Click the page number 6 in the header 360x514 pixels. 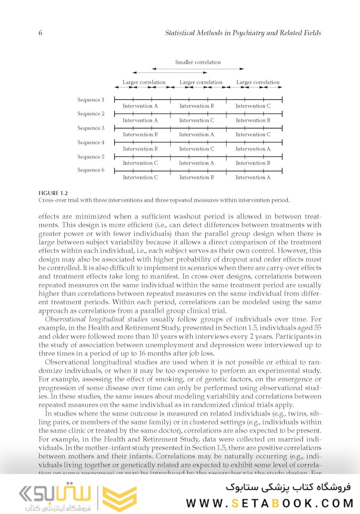[40, 33]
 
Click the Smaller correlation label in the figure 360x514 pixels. [198, 62]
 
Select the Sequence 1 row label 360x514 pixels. [90, 100]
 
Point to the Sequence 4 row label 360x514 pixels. [90, 143]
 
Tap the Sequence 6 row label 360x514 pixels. [90, 170]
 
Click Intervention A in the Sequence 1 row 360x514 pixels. [140, 106]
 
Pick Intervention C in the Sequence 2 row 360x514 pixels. [197, 120]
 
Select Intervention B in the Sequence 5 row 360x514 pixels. [253, 163]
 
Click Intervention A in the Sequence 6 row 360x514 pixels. [253, 178]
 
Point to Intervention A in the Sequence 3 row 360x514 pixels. [197, 135]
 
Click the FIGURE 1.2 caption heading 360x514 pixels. [53, 193]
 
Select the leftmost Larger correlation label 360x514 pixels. [144, 82]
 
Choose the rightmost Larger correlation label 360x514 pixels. [258, 82]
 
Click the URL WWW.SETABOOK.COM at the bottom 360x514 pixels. [270, 503]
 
